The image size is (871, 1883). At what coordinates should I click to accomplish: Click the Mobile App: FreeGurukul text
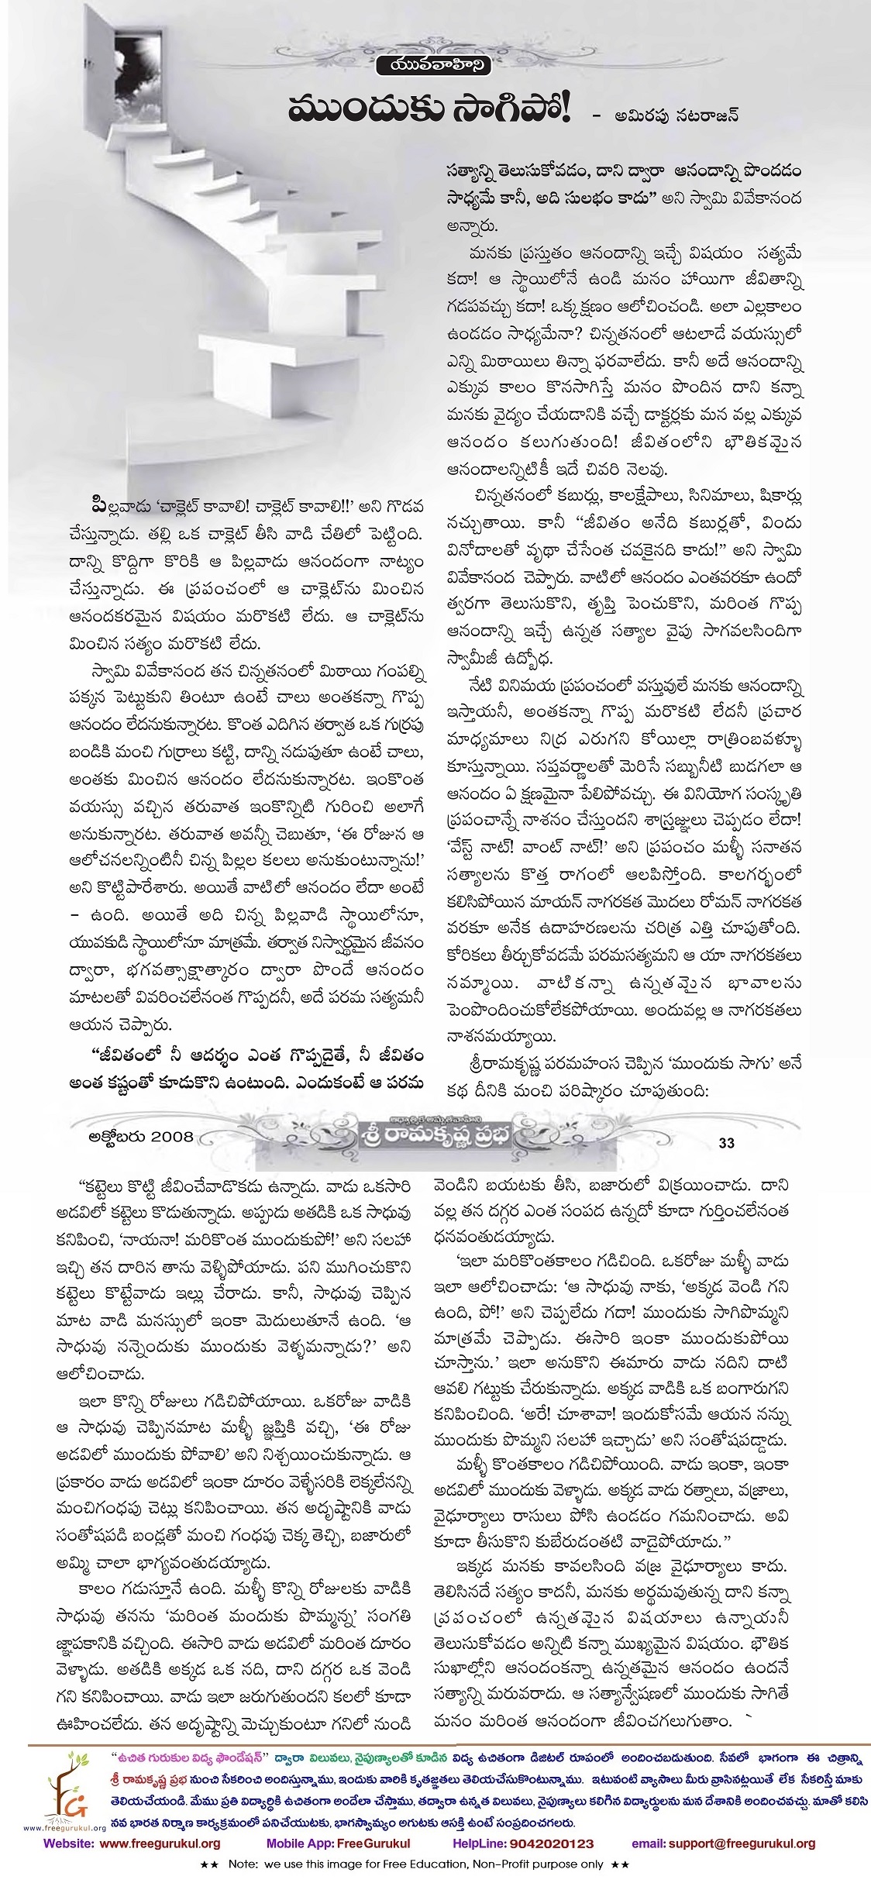338,1843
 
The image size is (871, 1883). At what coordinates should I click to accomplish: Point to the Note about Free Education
435,1866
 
